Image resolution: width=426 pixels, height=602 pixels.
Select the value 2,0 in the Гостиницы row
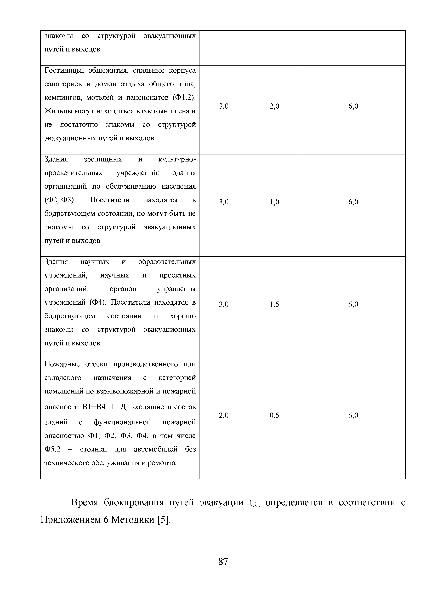point(274,106)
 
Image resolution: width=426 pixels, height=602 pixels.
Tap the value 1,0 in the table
point(274,202)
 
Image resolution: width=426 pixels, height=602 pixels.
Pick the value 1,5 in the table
point(274,304)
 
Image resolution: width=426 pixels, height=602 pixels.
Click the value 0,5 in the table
point(274,415)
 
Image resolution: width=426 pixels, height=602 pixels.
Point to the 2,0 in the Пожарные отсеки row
point(224,415)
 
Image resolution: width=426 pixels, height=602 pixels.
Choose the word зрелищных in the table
point(103,159)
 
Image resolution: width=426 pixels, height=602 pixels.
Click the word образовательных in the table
point(167,262)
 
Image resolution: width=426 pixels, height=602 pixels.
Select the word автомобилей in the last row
point(156,449)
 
